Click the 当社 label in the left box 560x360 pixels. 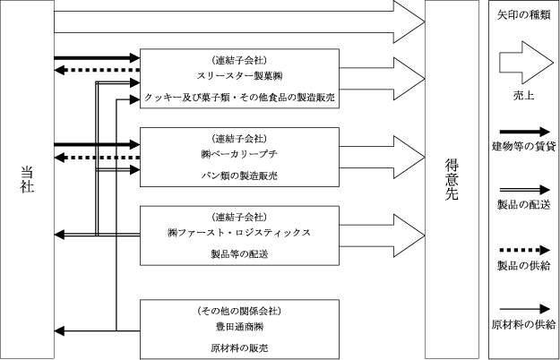(27, 179)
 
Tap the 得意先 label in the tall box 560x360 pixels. (452, 179)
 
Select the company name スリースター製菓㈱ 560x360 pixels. (239, 76)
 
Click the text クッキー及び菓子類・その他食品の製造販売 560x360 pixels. (239, 97)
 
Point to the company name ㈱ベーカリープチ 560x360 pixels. (239, 155)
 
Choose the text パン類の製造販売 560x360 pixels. (239, 176)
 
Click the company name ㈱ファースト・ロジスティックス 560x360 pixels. (239, 233)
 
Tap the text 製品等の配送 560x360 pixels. (239, 253)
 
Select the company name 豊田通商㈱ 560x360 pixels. (239, 327)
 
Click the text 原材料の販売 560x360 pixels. (239, 347)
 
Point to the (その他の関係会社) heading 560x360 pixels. (239, 310)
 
